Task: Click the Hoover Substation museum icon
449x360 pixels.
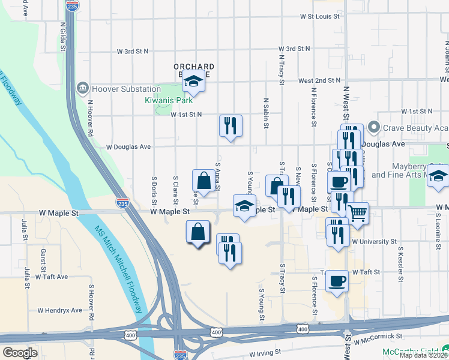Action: coord(82,89)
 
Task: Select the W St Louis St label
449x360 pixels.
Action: coord(320,16)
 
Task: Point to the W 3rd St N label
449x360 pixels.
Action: coord(290,49)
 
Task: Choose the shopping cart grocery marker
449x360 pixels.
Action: coord(358,214)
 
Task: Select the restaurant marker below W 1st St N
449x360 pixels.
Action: coord(231,126)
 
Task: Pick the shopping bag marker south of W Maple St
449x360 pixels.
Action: coord(198,232)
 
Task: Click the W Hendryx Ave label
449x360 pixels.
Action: coord(59,310)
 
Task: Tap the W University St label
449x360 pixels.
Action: coord(375,242)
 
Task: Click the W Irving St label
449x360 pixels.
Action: coord(265,353)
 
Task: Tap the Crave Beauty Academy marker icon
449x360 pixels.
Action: coord(373,128)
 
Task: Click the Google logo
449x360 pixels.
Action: coord(20,353)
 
